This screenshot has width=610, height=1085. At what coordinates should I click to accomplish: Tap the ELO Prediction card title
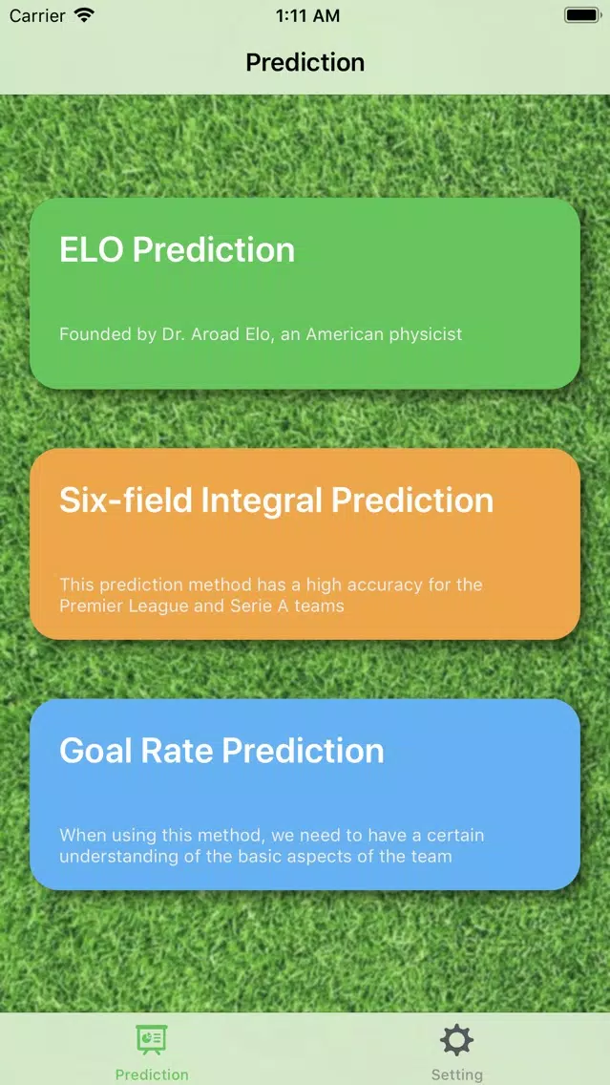tap(177, 250)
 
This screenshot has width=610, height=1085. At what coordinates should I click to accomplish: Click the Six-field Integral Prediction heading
tap(277, 500)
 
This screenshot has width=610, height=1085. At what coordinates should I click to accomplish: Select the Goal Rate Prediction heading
tap(222, 751)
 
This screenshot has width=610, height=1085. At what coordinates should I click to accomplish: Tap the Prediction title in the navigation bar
tap(305, 62)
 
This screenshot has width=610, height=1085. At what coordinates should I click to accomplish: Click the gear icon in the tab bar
tap(456, 1040)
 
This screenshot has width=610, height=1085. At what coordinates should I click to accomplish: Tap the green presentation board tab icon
tap(152, 1040)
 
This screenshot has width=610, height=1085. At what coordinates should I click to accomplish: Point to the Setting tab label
tap(456, 1074)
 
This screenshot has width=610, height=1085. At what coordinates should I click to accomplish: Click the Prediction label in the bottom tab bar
tap(152, 1074)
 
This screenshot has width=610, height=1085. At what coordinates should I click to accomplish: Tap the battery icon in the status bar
tap(583, 15)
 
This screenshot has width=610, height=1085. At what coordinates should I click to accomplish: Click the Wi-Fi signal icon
tap(84, 15)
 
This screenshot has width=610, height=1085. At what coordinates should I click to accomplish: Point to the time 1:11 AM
tap(307, 16)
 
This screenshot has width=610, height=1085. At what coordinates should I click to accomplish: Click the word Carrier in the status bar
tap(36, 15)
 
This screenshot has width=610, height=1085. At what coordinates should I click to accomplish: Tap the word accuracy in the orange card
tap(393, 585)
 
